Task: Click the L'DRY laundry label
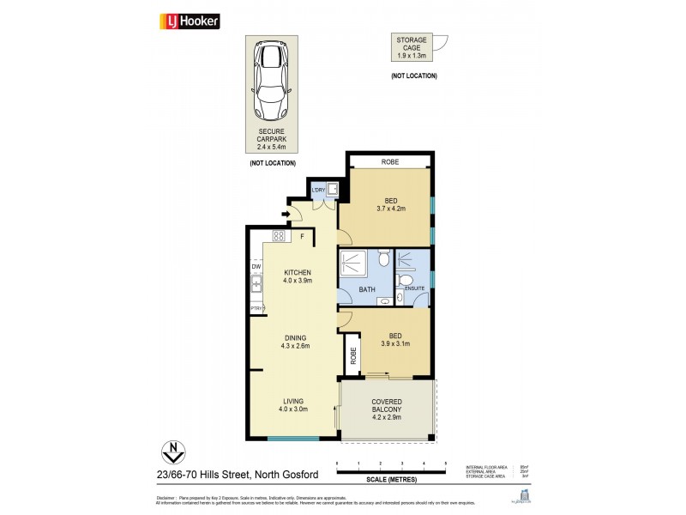tap(318, 190)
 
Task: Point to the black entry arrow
tap(285, 215)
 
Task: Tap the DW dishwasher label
tap(256, 266)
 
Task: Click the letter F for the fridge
tap(302, 235)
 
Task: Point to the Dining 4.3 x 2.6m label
tap(295, 342)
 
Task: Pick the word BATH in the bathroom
tap(368, 290)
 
